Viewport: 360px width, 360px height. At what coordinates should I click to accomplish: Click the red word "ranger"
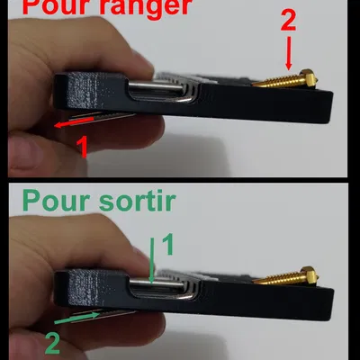[x=147, y=8]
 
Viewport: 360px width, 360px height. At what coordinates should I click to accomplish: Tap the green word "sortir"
[x=137, y=201]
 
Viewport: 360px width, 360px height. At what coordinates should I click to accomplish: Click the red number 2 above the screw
[x=288, y=21]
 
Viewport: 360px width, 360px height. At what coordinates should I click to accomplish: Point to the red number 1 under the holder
[x=82, y=147]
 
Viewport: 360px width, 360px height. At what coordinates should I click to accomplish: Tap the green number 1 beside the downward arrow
[x=168, y=245]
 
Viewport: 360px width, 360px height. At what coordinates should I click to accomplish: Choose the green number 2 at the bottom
[x=52, y=344]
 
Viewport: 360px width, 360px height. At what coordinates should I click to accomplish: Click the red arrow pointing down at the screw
[x=289, y=53]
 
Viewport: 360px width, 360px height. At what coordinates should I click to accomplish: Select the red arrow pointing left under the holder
[x=74, y=122]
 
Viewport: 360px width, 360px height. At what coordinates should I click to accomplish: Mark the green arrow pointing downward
[x=152, y=260]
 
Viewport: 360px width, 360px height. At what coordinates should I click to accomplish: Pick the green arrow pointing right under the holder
[x=76, y=318]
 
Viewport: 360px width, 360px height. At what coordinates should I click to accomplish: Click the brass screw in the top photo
[x=285, y=79]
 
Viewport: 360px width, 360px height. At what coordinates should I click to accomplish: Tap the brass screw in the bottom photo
[x=285, y=276]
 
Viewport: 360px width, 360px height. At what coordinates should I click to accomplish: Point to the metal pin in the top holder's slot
[x=156, y=85]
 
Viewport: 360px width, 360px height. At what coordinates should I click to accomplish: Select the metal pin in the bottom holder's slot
[x=157, y=283]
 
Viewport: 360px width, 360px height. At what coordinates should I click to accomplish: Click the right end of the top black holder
[x=331, y=106]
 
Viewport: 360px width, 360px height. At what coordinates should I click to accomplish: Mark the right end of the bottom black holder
[x=332, y=304]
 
